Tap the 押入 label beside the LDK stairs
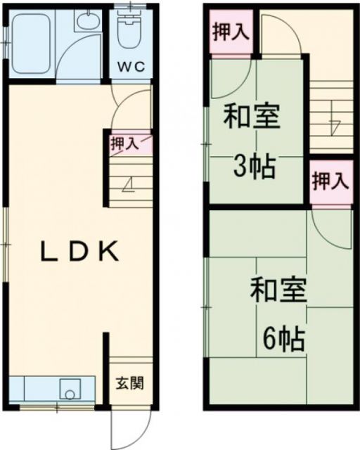[x=125, y=143]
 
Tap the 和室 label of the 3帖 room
[x=252, y=116]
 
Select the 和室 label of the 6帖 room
[x=280, y=290]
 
